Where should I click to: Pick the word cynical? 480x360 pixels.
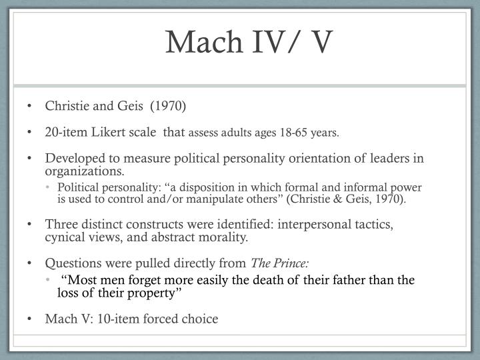pyautogui.click(x=64, y=237)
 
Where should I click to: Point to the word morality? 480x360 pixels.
pyautogui.click(x=224, y=237)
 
